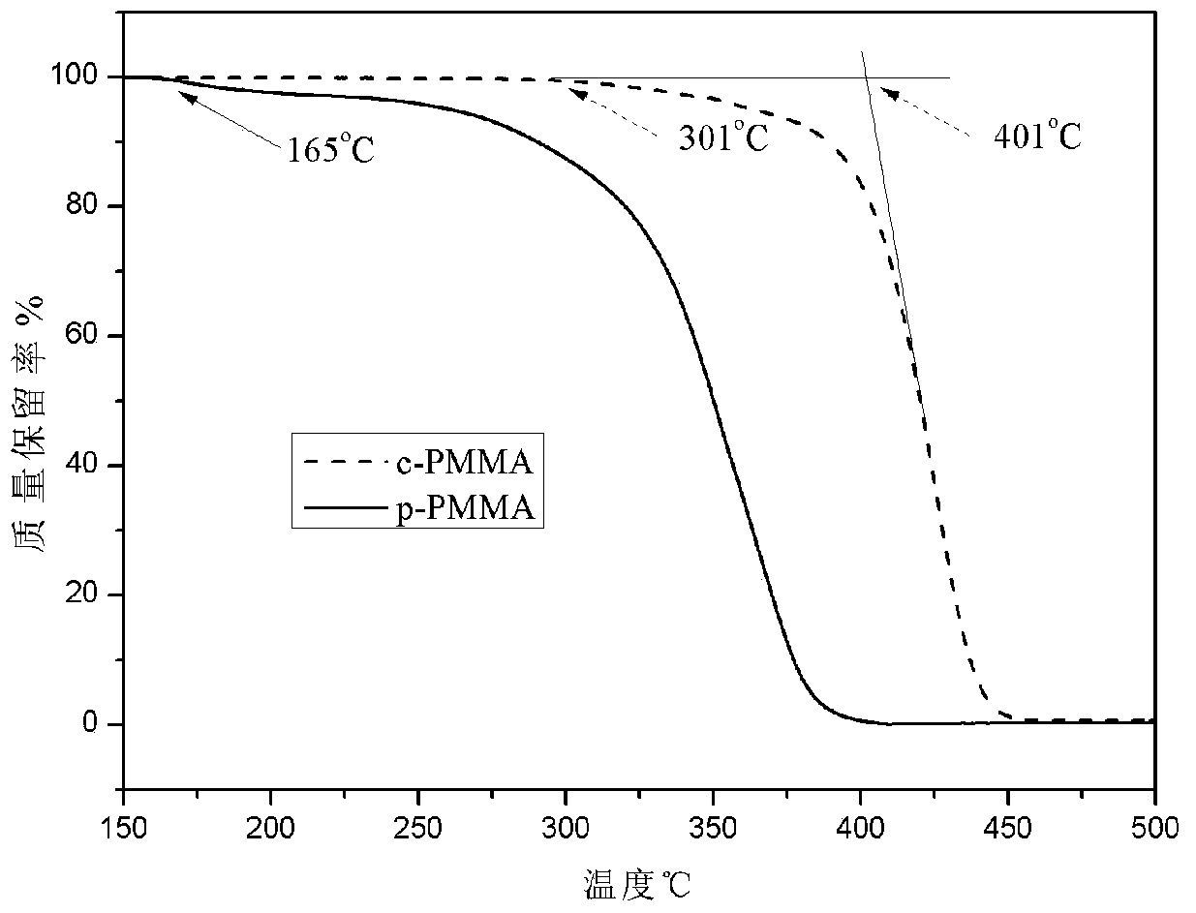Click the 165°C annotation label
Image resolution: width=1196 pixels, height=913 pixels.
click(329, 150)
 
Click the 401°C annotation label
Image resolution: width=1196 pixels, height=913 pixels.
click(1037, 137)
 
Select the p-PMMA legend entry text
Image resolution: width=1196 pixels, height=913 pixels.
click(478, 508)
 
